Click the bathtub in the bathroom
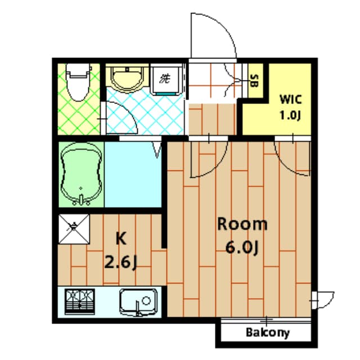pos(82,174)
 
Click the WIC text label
pos(291,101)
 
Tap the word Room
pos(242,224)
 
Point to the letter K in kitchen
pos(120,238)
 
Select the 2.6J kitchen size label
pos(121,262)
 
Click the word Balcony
pos(268,332)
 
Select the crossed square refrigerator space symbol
pos(74,229)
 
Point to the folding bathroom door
pos(157,149)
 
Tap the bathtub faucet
pos(82,198)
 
